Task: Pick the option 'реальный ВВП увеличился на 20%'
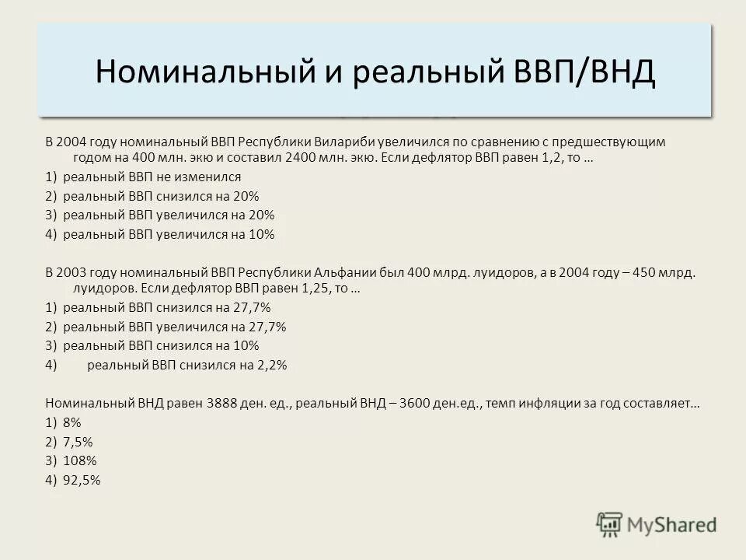(169, 215)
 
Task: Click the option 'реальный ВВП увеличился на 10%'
(169, 233)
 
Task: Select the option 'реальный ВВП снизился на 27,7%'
(166, 307)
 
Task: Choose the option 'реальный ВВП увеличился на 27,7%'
(174, 327)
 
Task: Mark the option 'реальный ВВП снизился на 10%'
(161, 345)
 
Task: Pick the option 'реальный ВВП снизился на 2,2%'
(187, 364)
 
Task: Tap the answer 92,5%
(82, 479)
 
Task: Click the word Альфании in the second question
(345, 273)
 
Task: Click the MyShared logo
(657, 524)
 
